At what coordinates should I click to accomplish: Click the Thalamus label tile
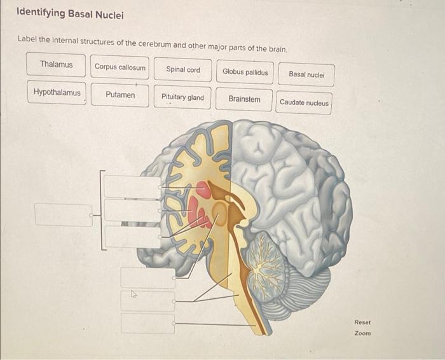(x=56, y=64)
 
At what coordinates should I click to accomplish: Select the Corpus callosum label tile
(x=120, y=67)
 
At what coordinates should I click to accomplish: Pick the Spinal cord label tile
(x=182, y=69)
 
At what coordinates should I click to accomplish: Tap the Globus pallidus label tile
(x=245, y=72)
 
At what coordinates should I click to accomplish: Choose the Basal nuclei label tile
(x=306, y=74)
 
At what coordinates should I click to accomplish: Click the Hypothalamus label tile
(x=57, y=92)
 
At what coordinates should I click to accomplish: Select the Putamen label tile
(x=120, y=95)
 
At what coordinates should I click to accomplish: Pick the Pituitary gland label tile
(x=182, y=97)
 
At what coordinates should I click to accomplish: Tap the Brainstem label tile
(x=244, y=99)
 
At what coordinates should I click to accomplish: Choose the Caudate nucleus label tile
(x=304, y=102)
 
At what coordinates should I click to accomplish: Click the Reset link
(x=362, y=322)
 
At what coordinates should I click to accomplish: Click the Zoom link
(x=362, y=333)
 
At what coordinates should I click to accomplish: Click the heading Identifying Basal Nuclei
(x=61, y=14)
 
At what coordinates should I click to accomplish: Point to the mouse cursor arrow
(x=133, y=294)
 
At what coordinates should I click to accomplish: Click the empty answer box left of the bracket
(x=63, y=214)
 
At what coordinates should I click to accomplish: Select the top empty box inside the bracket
(x=132, y=186)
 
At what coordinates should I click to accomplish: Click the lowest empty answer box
(x=147, y=323)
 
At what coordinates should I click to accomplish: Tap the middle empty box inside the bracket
(x=132, y=211)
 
